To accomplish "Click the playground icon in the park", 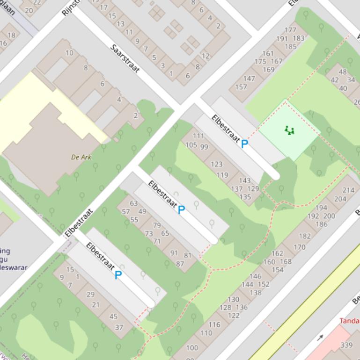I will coord(290,131).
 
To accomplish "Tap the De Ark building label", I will coord(81,157).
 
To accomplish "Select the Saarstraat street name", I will coord(125,58).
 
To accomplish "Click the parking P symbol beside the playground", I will coord(244,144).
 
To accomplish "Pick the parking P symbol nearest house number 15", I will coord(118,275).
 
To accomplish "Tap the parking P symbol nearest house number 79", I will coord(181,210).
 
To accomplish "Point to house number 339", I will coord(346,345).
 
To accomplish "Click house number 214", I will coord(348,190).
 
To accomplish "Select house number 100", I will coord(192,347).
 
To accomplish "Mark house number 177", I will coord(290,30).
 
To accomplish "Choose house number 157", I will coord(241,87).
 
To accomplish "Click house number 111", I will coord(198,136).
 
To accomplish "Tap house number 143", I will coord(245,180).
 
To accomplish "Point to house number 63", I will coord(134,203).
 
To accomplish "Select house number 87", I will coord(180,264).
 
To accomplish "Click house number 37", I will coord(119,327).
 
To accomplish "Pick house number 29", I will coord(90,294).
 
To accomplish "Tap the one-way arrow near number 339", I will coord(320,337).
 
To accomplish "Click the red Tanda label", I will coord(349,321).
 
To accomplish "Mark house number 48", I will coord(343,72).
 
